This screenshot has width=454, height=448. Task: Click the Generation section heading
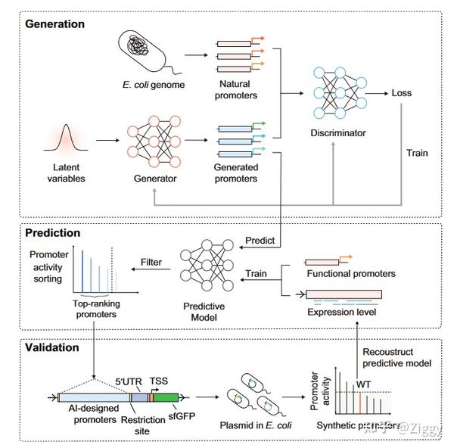click(x=55, y=24)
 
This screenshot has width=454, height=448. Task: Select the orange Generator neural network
click(x=157, y=141)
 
